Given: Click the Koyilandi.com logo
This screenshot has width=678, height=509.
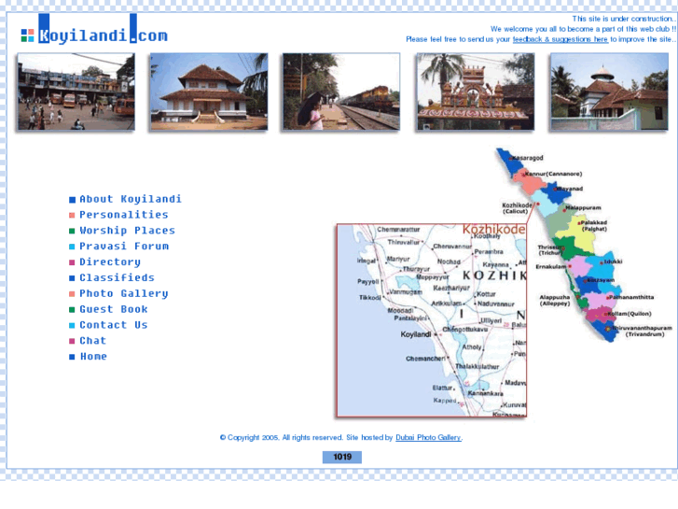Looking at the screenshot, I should click(x=94, y=34).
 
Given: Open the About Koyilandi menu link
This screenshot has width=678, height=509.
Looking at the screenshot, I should click(x=131, y=199).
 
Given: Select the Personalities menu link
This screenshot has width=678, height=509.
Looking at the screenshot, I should click(x=124, y=215).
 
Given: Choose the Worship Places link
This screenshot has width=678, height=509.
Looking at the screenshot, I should click(x=127, y=231).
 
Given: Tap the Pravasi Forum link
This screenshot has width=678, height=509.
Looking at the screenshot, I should click(x=124, y=247).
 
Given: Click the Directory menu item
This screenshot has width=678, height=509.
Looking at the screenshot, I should click(x=110, y=262).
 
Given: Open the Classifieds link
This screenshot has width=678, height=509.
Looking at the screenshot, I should click(x=117, y=278).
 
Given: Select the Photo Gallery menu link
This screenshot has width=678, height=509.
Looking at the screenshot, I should click(x=124, y=294).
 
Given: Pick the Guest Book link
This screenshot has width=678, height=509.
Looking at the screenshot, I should click(x=114, y=310).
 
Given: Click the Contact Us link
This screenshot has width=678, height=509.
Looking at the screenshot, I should click(x=114, y=325).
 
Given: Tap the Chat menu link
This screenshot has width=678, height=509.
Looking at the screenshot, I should click(x=93, y=341).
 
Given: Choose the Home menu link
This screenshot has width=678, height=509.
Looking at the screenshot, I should click(x=93, y=357).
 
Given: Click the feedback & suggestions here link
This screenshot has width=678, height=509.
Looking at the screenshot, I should click(x=560, y=40).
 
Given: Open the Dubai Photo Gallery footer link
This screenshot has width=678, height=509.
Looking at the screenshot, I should click(x=428, y=438).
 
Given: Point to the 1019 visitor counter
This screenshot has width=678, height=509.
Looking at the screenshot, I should click(x=342, y=458).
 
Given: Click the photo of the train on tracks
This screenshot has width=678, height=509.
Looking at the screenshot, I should click(x=341, y=92).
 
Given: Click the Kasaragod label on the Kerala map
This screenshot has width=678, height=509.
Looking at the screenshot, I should click(x=528, y=159).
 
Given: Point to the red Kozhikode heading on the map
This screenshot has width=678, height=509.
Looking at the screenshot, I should click(x=493, y=229).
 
